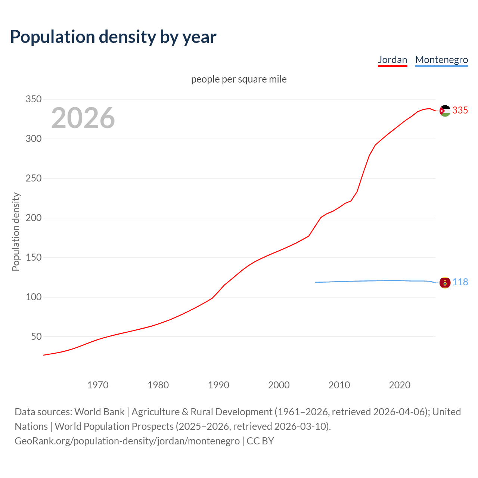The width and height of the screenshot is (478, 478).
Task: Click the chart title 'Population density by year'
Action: pos(113,37)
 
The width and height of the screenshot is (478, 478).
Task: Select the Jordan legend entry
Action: pos(392,60)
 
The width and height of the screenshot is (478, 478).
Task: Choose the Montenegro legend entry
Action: pos(441,60)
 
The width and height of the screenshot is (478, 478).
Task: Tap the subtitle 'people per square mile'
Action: pos(239,79)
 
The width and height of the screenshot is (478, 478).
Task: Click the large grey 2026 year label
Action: pos(83,118)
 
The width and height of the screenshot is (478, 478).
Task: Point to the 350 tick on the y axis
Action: pos(33,99)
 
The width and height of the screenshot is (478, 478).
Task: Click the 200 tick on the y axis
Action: pos(33,218)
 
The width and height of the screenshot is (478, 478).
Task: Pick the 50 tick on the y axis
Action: pos(36,337)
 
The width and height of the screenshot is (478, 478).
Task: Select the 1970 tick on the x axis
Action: pos(98,385)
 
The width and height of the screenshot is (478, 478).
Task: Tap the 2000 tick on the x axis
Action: pos(279,385)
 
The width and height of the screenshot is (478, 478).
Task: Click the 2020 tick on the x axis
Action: pos(400,385)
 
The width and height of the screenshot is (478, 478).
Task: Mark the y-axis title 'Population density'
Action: pos(16,232)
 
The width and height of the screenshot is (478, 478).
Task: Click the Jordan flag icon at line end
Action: pos(445,111)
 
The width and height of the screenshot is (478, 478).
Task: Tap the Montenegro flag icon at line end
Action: pos(445,283)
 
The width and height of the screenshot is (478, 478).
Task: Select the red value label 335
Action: pos(460,111)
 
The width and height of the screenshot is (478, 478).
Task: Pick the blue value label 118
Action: pos(460,282)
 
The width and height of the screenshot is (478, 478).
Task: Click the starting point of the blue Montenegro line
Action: pos(316,282)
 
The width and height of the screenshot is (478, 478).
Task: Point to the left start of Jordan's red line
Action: pos(44,355)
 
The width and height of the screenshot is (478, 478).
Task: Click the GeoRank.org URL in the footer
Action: pos(127,441)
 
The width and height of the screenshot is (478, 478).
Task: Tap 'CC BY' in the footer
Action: pos(260,441)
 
